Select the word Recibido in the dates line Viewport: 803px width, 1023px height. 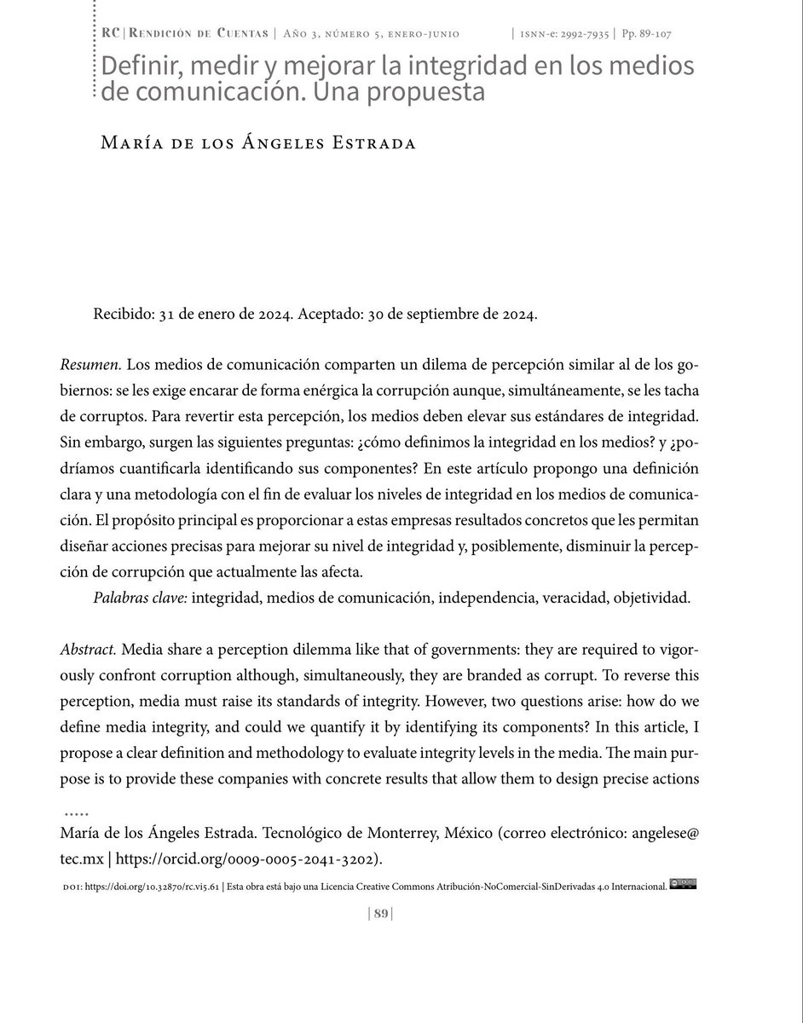pyautogui.click(x=124, y=314)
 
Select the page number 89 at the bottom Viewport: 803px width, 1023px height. pyautogui.click(x=381, y=913)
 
